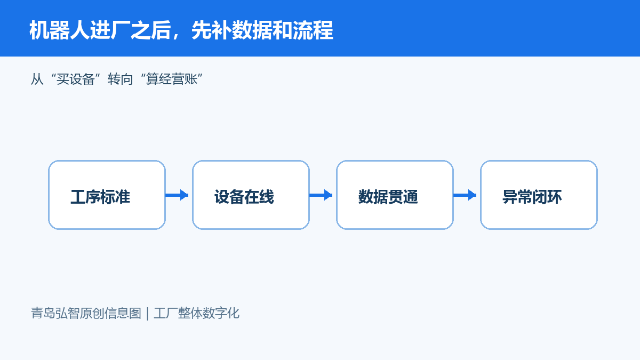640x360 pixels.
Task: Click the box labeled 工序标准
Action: pos(107,195)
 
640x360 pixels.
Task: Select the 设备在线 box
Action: pos(251,195)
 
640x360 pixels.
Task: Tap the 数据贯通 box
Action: pos(395,195)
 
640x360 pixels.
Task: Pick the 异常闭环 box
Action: pos(539,195)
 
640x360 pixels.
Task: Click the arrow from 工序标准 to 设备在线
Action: pos(177,195)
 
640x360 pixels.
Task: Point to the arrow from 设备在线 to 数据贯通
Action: pos(321,195)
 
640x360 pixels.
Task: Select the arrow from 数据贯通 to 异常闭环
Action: pos(465,195)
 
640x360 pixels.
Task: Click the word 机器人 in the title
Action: pos(60,30)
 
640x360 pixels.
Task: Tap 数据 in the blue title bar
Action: pos(252,30)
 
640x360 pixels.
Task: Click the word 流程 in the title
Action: pos(313,30)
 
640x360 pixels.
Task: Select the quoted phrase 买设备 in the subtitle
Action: pos(75,79)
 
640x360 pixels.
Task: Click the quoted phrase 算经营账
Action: pos(172,79)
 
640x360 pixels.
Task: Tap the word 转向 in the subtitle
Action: pos(121,79)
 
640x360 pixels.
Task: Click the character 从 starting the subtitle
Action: pos(37,79)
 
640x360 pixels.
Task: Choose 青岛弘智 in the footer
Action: pos(55,313)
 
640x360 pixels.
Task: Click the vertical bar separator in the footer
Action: pos(147,314)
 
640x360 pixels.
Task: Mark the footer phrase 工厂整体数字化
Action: pos(197,313)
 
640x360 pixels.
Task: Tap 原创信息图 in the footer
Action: pos(110,313)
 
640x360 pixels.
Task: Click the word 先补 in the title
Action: pos(211,30)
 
